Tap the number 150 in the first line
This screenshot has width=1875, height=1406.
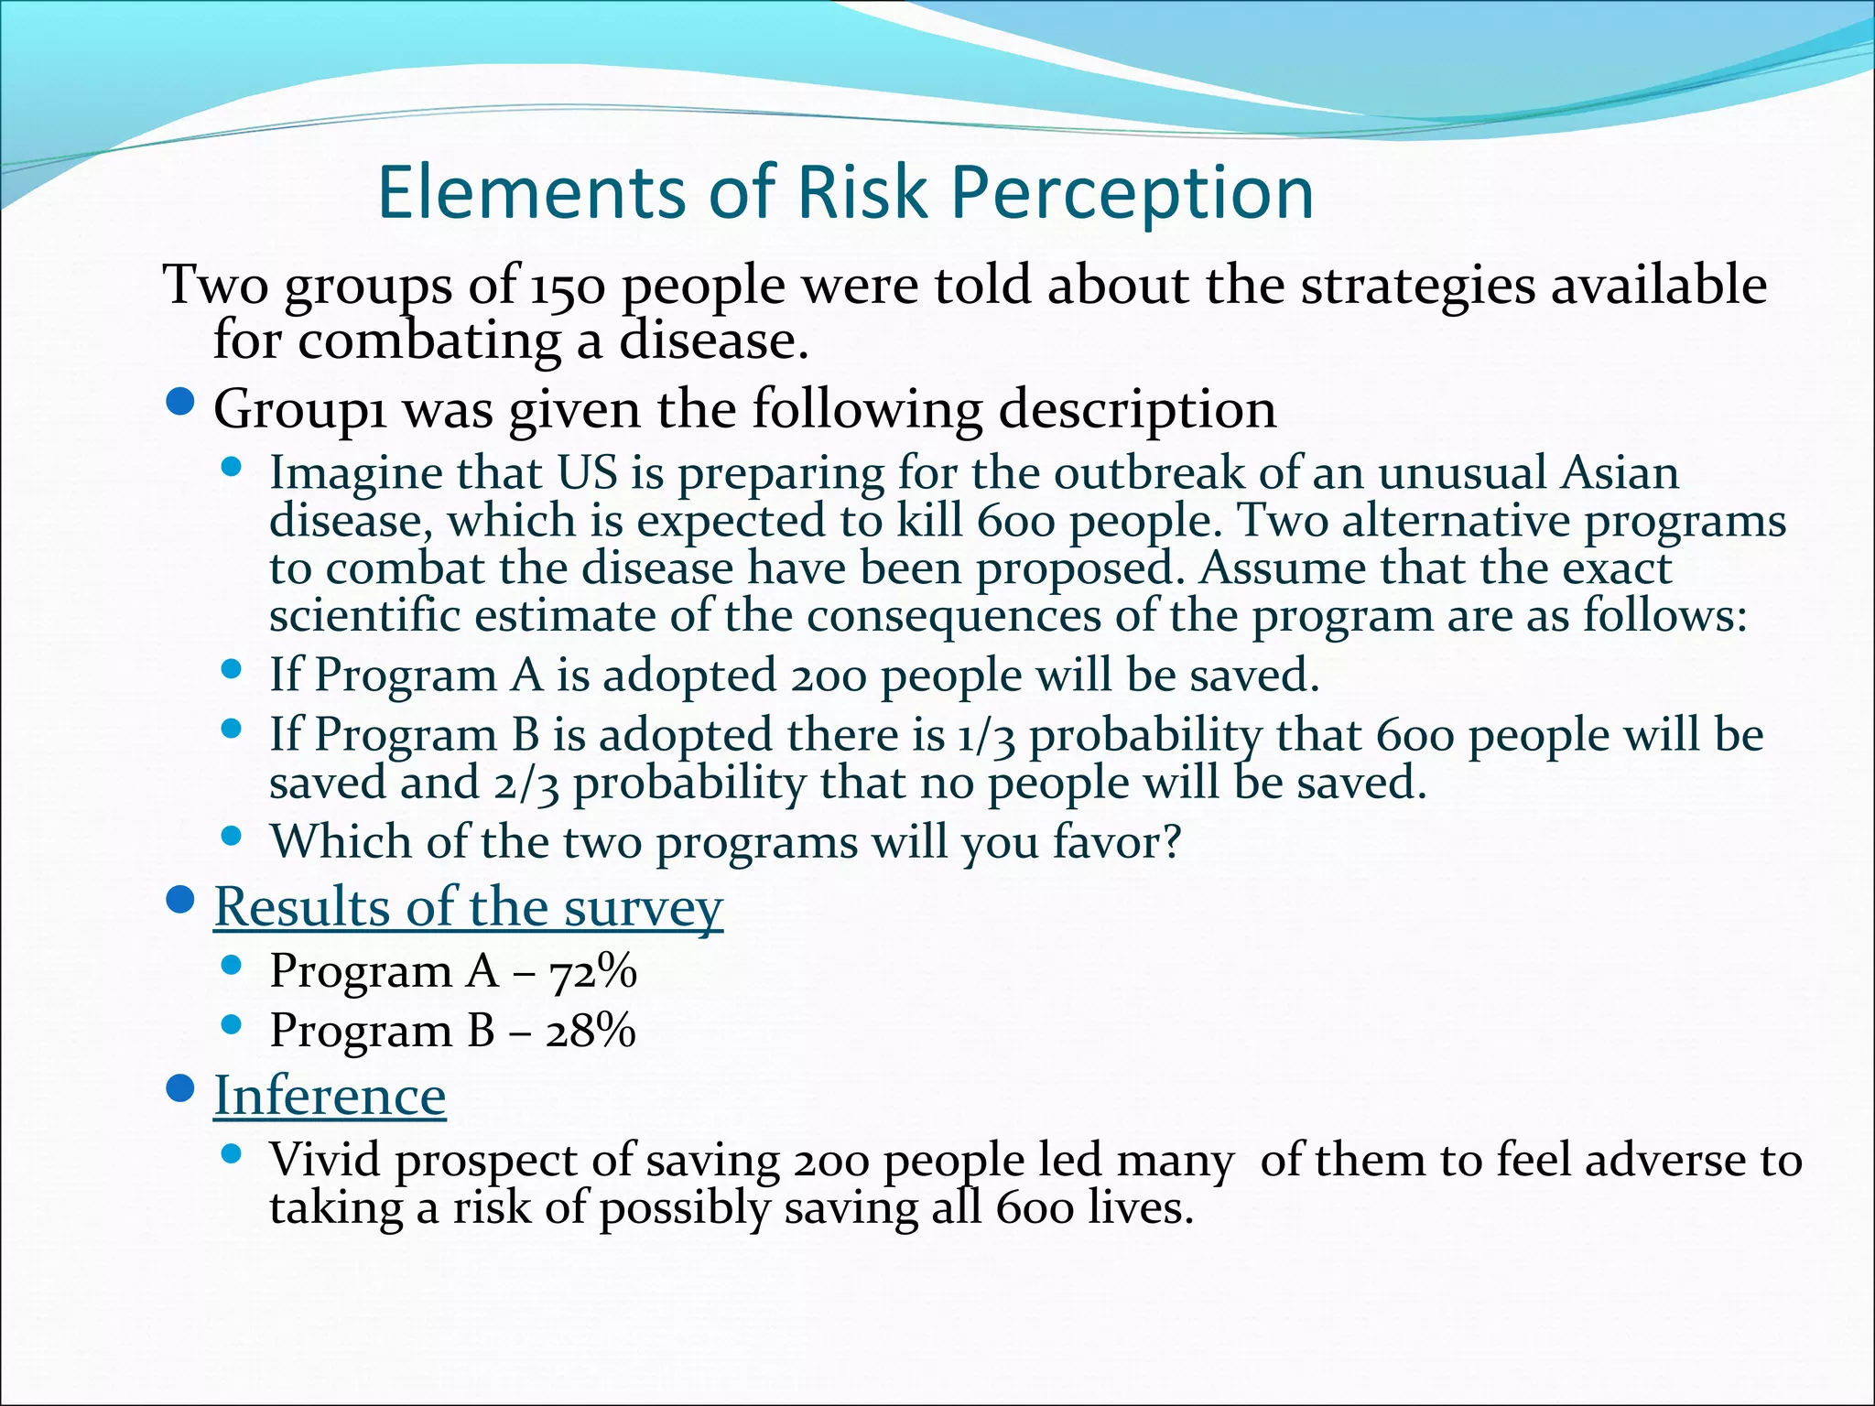point(568,287)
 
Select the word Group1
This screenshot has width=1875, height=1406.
point(300,410)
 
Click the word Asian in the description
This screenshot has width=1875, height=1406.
point(1620,473)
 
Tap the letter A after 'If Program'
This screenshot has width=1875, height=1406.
point(528,676)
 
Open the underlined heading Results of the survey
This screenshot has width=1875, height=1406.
point(468,908)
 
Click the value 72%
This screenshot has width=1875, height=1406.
point(593,971)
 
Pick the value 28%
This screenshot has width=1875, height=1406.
point(591,1032)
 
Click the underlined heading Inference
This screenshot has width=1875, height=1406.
point(330,1096)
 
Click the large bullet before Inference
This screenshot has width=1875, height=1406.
point(182,1088)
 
